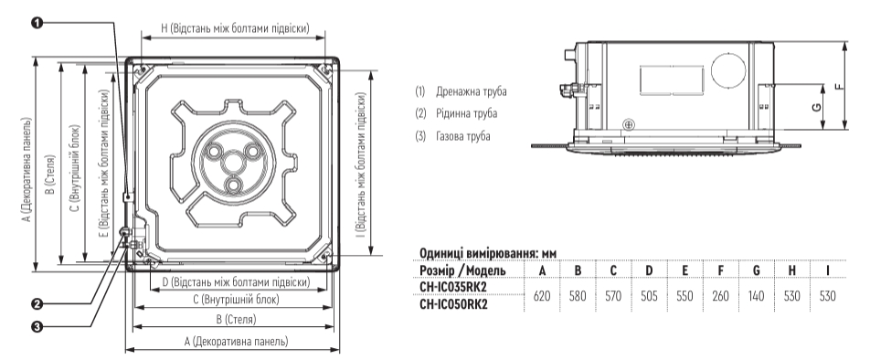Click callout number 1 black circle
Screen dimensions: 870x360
pyautogui.click(x=37, y=22)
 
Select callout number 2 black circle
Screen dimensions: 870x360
pyautogui.click(x=37, y=304)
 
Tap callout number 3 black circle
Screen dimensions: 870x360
pyautogui.click(x=37, y=327)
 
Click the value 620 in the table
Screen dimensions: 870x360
pyautogui.click(x=542, y=296)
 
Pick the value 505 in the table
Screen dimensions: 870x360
pyautogui.click(x=649, y=296)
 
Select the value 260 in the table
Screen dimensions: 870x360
pyautogui.click(x=721, y=296)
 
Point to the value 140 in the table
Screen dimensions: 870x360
pyautogui.click(x=757, y=296)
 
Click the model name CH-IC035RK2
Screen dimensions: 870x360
pyautogui.click(x=453, y=287)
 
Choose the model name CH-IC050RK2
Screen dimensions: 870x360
pyautogui.click(x=453, y=304)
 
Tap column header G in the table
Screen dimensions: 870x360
pyautogui.click(x=757, y=270)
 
